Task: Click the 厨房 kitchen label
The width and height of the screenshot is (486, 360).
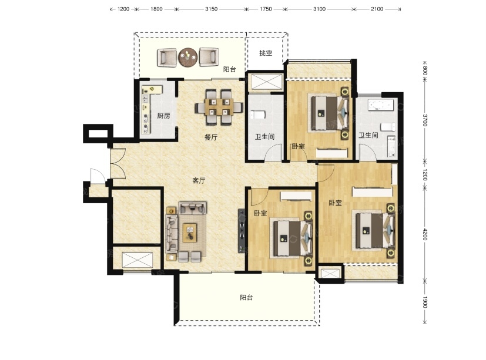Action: pyautogui.click(x=163, y=116)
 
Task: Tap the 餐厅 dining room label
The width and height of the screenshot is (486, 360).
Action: pyautogui.click(x=211, y=137)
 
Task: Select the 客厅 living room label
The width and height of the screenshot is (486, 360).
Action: pyautogui.click(x=199, y=180)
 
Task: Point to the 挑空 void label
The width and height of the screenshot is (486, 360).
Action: pyautogui.click(x=266, y=53)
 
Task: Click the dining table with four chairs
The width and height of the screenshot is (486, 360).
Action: pyautogui.click(x=219, y=107)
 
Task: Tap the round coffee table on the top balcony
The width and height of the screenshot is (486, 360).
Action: pyautogui.click(x=188, y=57)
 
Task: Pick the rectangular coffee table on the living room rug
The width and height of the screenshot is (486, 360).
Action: pyautogui.click(x=190, y=233)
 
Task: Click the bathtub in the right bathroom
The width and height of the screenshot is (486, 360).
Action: pyautogui.click(x=381, y=105)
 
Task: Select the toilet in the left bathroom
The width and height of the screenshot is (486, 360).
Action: pyautogui.click(x=258, y=115)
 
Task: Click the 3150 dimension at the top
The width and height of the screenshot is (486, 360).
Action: pyautogui.click(x=211, y=9)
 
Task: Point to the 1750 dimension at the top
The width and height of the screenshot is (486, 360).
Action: pyautogui.click(x=266, y=9)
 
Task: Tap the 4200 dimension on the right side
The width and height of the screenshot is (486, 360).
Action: pyautogui.click(x=425, y=234)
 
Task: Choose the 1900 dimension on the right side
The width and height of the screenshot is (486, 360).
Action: pyautogui.click(x=425, y=302)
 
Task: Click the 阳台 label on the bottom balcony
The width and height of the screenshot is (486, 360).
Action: pyautogui.click(x=246, y=298)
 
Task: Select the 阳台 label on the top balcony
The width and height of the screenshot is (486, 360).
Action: pyautogui.click(x=230, y=69)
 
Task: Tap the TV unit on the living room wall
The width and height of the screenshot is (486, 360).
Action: pyautogui.click(x=242, y=231)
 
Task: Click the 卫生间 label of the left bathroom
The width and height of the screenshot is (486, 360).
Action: pyautogui.click(x=264, y=137)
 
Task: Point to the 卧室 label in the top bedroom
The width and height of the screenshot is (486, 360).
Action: pyautogui.click(x=298, y=146)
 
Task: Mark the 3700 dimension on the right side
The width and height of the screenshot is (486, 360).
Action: pyautogui.click(x=425, y=120)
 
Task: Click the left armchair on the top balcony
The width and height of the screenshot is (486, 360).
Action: pyautogui.click(x=167, y=58)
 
